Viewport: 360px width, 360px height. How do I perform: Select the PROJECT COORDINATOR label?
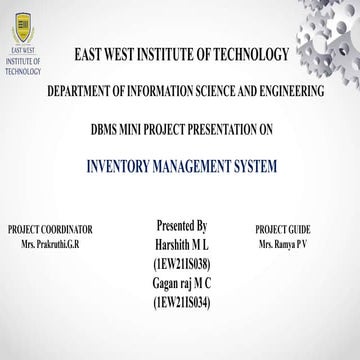click(49, 230)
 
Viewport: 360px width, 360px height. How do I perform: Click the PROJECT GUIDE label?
click(283, 230)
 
